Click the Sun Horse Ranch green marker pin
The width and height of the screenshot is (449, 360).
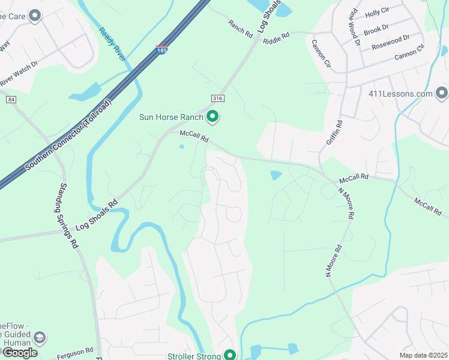pos(212,116)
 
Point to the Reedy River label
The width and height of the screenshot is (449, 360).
pos(112,44)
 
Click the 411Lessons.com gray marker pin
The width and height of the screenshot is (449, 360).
pos(442,93)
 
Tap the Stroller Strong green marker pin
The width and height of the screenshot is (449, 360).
pos(229,355)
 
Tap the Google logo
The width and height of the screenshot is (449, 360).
pos(20,353)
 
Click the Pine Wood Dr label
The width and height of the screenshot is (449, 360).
pos(352,27)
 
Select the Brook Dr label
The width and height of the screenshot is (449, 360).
pos(376,28)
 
